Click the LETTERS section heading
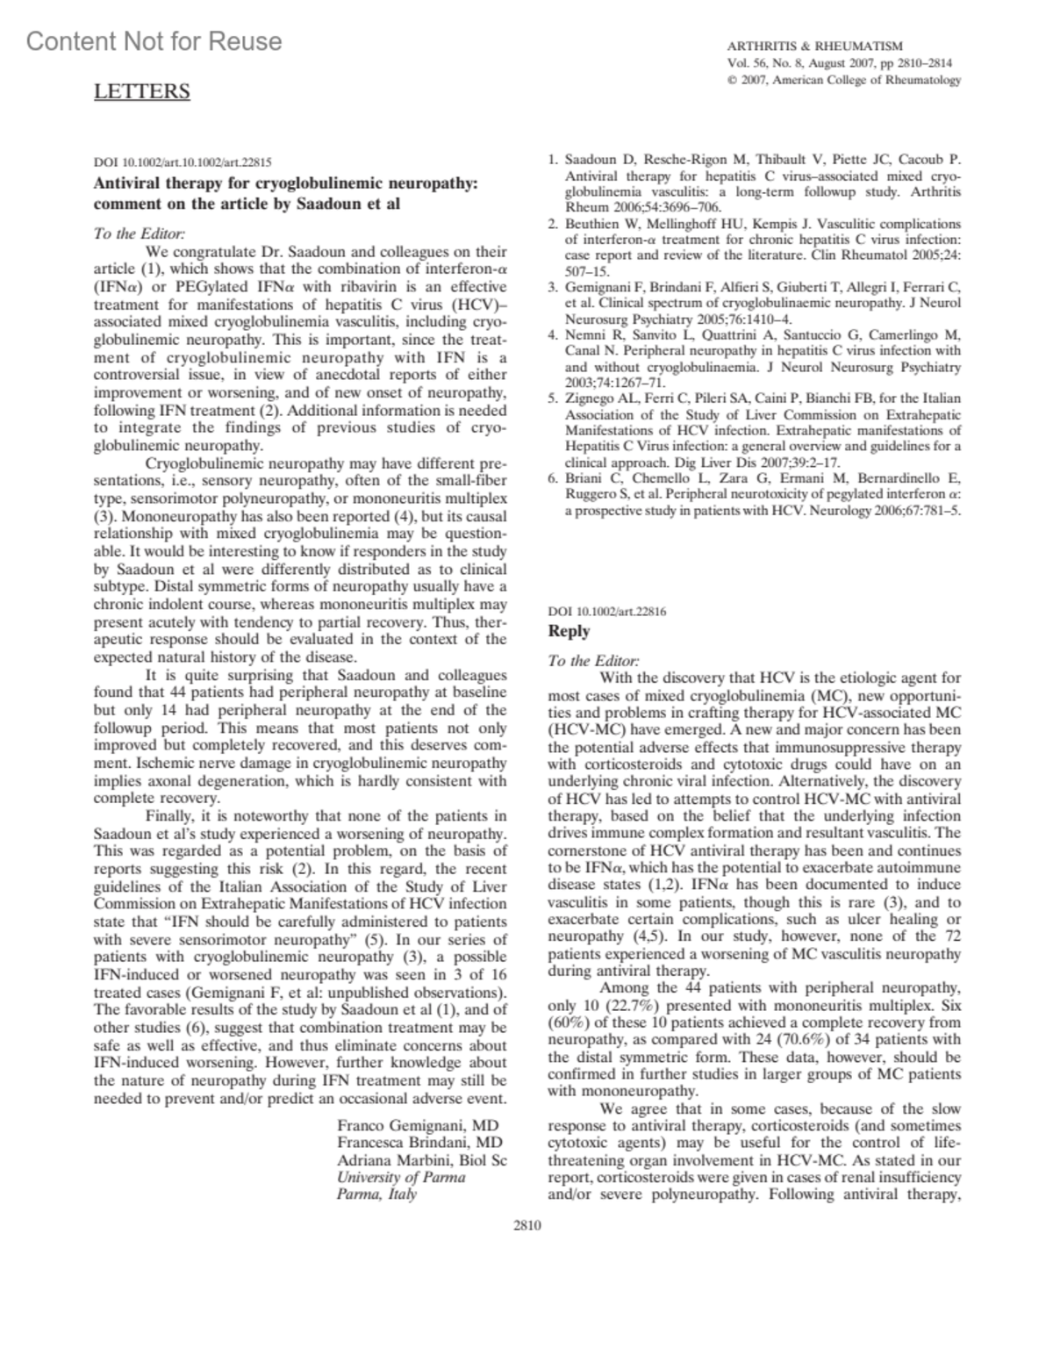pyautogui.click(x=141, y=91)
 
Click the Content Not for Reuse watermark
pyautogui.click(x=154, y=41)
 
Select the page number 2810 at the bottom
pyautogui.click(x=526, y=1225)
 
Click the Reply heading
pyautogui.click(x=569, y=630)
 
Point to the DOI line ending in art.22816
pyautogui.click(x=606, y=611)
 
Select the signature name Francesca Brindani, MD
pyautogui.click(x=419, y=1142)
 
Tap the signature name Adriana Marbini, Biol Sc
pyautogui.click(x=422, y=1159)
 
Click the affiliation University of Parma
pyautogui.click(x=401, y=1177)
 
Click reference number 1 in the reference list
pyautogui.click(x=553, y=160)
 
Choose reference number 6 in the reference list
pyautogui.click(x=553, y=477)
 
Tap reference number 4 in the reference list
pyautogui.click(x=553, y=334)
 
